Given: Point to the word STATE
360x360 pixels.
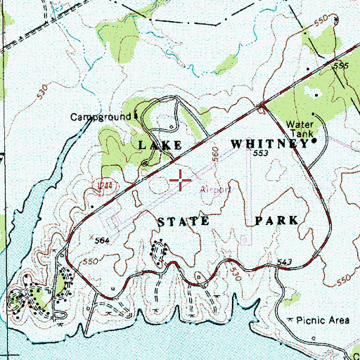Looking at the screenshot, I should pos(182,221).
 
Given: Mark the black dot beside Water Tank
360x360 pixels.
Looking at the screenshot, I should pos(314,140).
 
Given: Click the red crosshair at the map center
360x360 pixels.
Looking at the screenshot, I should pos(181,181).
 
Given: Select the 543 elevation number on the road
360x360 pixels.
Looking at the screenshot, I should pos(285,262).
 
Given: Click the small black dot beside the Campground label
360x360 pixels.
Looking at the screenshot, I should pos(137,117).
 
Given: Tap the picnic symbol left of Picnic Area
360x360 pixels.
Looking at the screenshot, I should pos(292,320).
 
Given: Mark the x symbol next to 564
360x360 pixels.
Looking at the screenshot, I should pos(90,236).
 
